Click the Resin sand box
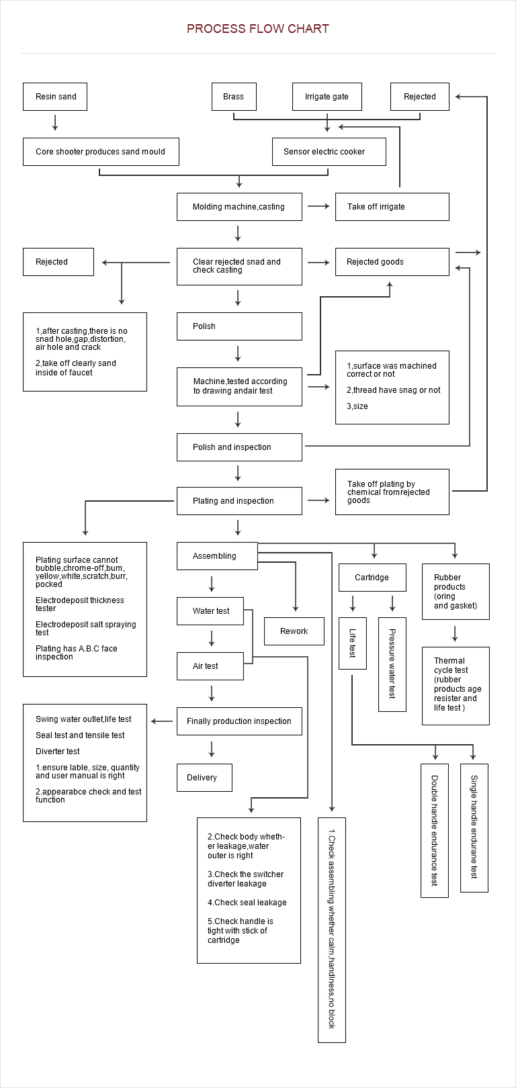(55, 97)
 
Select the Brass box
(234, 97)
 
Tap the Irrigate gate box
(327, 97)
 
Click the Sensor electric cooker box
(329, 152)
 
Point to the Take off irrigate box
(392, 207)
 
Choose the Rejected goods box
(392, 262)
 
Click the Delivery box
(204, 778)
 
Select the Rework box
(294, 631)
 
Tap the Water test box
(210, 611)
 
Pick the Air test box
(210, 666)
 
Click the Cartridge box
(372, 578)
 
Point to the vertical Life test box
(352, 643)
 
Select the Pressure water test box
(392, 664)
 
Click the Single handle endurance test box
(474, 827)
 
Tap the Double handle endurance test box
(435, 831)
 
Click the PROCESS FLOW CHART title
(258, 29)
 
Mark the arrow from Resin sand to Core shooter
(55, 122)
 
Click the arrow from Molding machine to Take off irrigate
(318, 206)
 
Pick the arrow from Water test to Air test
(212, 638)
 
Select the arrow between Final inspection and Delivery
(212, 749)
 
